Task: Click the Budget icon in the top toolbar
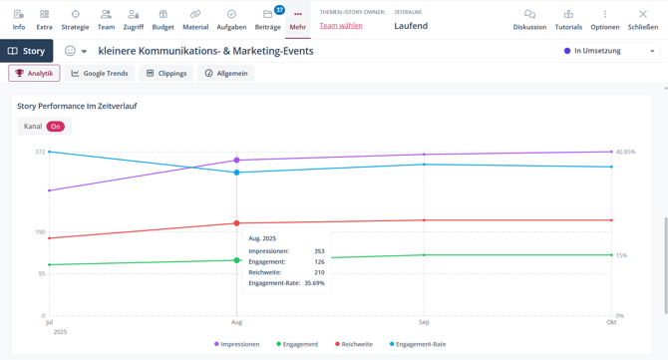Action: click(x=163, y=19)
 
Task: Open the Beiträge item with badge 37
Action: click(x=268, y=19)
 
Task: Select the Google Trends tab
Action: click(x=99, y=73)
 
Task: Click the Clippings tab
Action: click(x=166, y=73)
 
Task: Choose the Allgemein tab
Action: click(x=226, y=73)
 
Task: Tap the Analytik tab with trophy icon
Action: click(x=34, y=73)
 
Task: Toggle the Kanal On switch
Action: click(x=55, y=127)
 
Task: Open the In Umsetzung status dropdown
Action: click(x=609, y=51)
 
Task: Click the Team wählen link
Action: click(x=341, y=26)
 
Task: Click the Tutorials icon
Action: click(x=568, y=19)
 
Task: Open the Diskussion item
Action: click(x=529, y=19)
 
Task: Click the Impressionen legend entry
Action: click(x=237, y=344)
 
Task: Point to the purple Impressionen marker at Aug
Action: click(x=236, y=160)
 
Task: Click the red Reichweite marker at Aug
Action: click(x=236, y=223)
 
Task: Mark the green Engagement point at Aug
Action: click(x=236, y=260)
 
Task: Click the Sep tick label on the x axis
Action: click(x=424, y=322)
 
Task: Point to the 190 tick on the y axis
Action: click(x=40, y=232)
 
